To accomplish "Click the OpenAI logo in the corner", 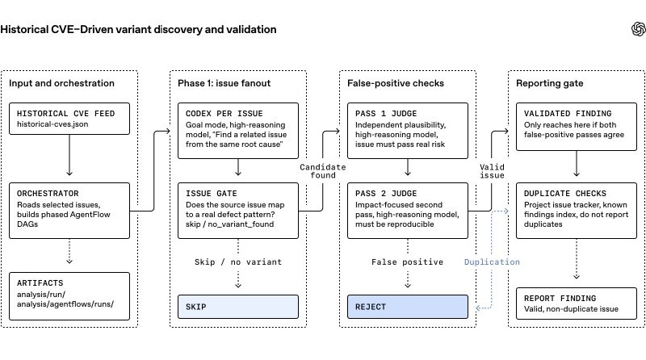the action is click(638, 29).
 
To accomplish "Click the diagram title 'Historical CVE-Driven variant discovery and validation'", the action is click(138, 30).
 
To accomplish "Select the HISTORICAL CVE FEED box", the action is click(69, 119).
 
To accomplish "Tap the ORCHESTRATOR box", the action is click(69, 211).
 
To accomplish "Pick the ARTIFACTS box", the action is click(69, 296).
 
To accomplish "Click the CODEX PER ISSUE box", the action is click(238, 131).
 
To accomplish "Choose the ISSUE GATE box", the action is click(238, 211).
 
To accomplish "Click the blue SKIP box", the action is click(238, 307).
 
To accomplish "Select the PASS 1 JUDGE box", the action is click(408, 131).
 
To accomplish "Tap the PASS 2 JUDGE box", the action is click(408, 211).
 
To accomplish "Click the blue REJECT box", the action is click(408, 307).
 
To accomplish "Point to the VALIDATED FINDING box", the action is click(577, 127).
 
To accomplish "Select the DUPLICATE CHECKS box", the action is click(577, 211).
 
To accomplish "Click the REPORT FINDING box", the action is click(577, 303).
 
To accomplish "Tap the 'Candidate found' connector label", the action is click(322, 171).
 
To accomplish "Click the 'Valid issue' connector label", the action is click(492, 171).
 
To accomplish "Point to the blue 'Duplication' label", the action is click(492, 262).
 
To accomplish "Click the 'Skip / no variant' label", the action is click(238, 262).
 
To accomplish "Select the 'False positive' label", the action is click(408, 262).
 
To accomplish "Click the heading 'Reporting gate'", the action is click(550, 83).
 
